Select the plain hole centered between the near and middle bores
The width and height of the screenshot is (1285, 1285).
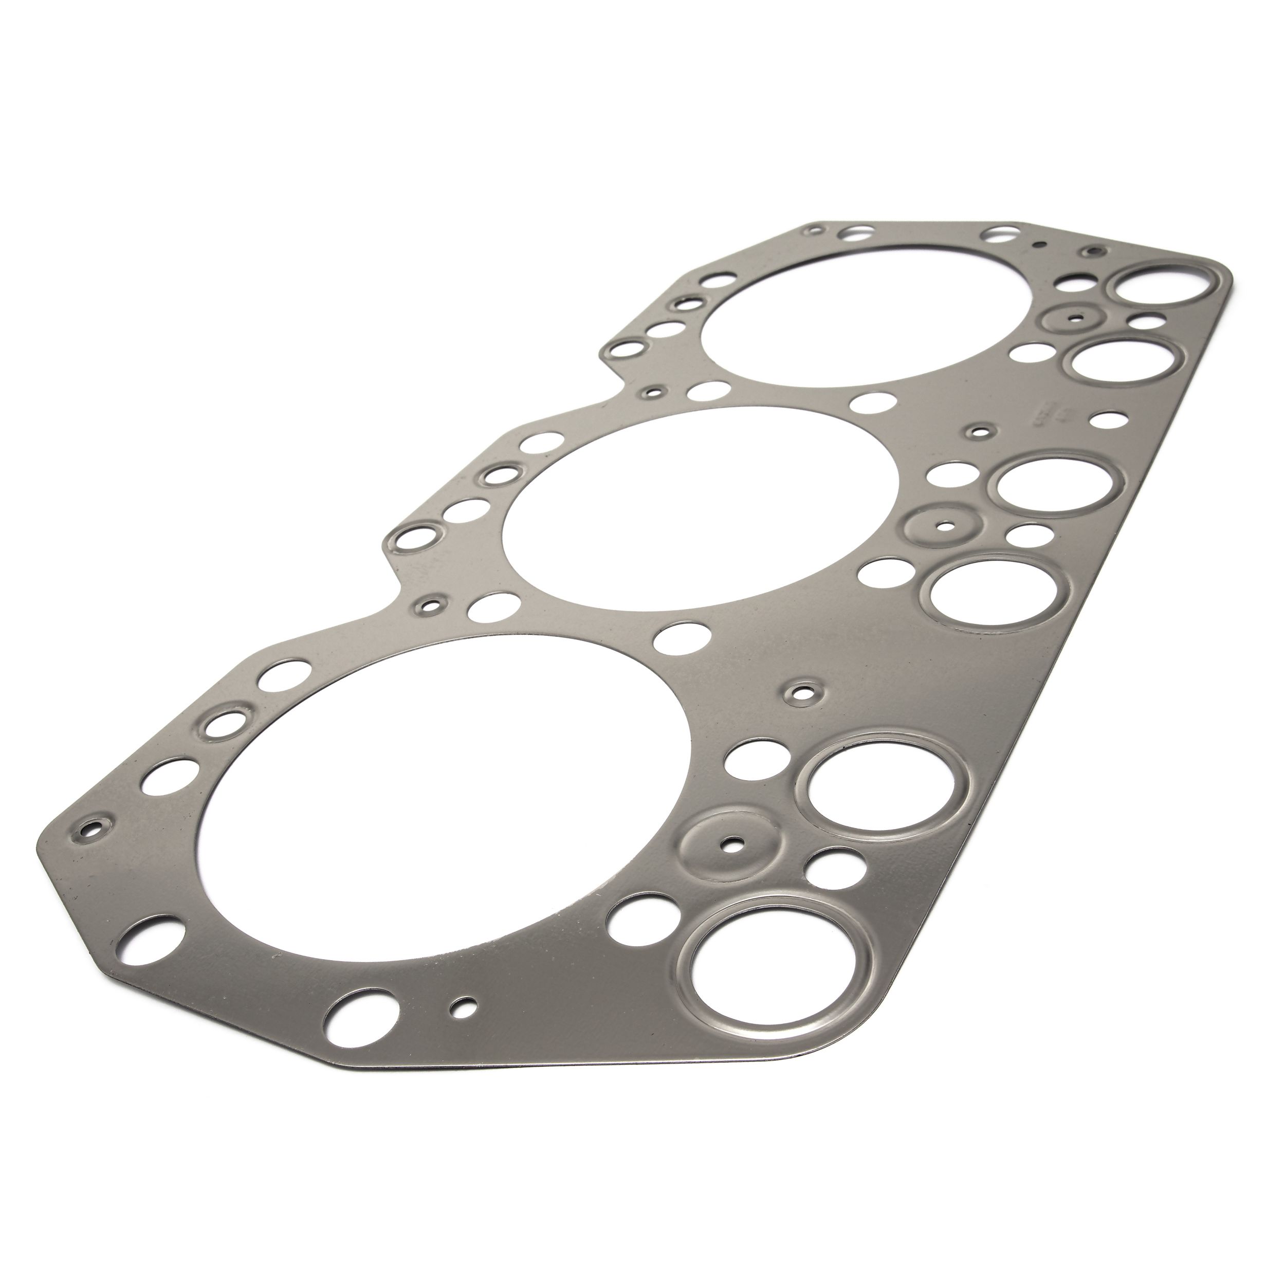coord(681,636)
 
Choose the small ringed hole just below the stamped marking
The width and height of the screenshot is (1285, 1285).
coord(977,432)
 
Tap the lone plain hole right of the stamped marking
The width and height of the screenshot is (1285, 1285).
coord(1107,420)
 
